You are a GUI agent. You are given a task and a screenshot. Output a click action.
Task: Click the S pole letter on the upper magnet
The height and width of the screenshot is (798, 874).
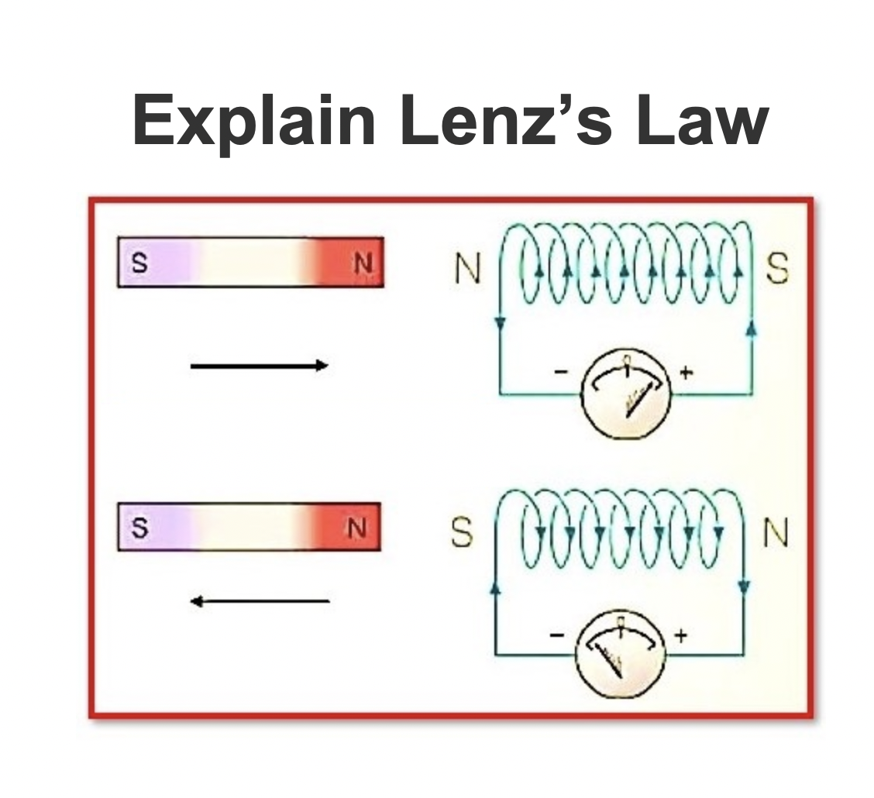tap(139, 263)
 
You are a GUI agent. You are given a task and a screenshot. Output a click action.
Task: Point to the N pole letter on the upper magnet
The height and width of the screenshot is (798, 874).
tap(360, 263)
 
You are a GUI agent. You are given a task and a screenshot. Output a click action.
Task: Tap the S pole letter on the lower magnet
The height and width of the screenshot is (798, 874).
tap(139, 528)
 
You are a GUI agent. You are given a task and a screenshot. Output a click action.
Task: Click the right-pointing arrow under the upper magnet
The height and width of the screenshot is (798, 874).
tap(260, 366)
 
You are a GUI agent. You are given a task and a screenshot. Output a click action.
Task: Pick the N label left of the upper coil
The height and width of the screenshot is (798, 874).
tap(467, 270)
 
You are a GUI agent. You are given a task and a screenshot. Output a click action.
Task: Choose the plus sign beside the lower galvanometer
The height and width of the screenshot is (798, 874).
tap(680, 636)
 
